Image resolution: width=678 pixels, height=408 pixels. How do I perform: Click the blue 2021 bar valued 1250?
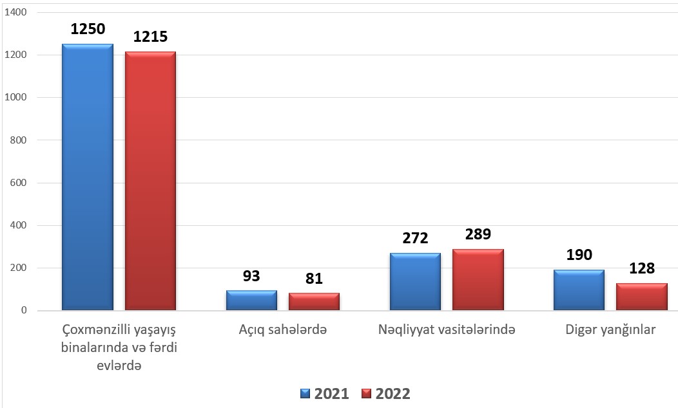coord(88,177)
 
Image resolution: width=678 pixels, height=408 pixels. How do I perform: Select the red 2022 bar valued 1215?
coord(150,181)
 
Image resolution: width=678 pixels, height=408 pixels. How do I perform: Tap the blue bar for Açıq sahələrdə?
coord(251,301)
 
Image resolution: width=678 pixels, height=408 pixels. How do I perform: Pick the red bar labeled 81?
coord(314,302)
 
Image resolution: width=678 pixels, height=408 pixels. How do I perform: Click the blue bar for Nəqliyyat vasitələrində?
coord(415,281)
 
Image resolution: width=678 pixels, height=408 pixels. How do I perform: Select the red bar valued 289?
coord(478,280)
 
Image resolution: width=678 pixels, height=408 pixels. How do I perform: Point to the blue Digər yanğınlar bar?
coord(579,290)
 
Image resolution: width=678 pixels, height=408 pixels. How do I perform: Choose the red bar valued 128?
coord(642,297)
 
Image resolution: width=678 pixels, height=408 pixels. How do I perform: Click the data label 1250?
coord(88,29)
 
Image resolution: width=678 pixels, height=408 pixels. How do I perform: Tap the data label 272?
coord(415,238)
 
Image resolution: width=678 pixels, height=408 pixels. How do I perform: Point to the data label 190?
coord(579,255)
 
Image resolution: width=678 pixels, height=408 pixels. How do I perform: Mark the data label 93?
coord(251,275)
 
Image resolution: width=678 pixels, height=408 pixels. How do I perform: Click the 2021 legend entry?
coord(325,394)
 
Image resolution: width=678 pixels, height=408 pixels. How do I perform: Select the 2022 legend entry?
coord(386,394)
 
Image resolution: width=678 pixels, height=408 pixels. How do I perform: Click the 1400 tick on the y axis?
coord(15,12)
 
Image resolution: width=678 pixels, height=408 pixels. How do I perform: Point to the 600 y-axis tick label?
coord(18,183)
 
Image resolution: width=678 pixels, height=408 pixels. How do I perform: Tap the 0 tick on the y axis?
coord(24,310)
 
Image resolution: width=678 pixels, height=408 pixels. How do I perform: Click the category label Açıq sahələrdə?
coord(283,330)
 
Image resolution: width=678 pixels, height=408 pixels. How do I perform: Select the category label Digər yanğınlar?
coord(610,330)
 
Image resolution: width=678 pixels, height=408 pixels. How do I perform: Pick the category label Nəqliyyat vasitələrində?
coord(447,330)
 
